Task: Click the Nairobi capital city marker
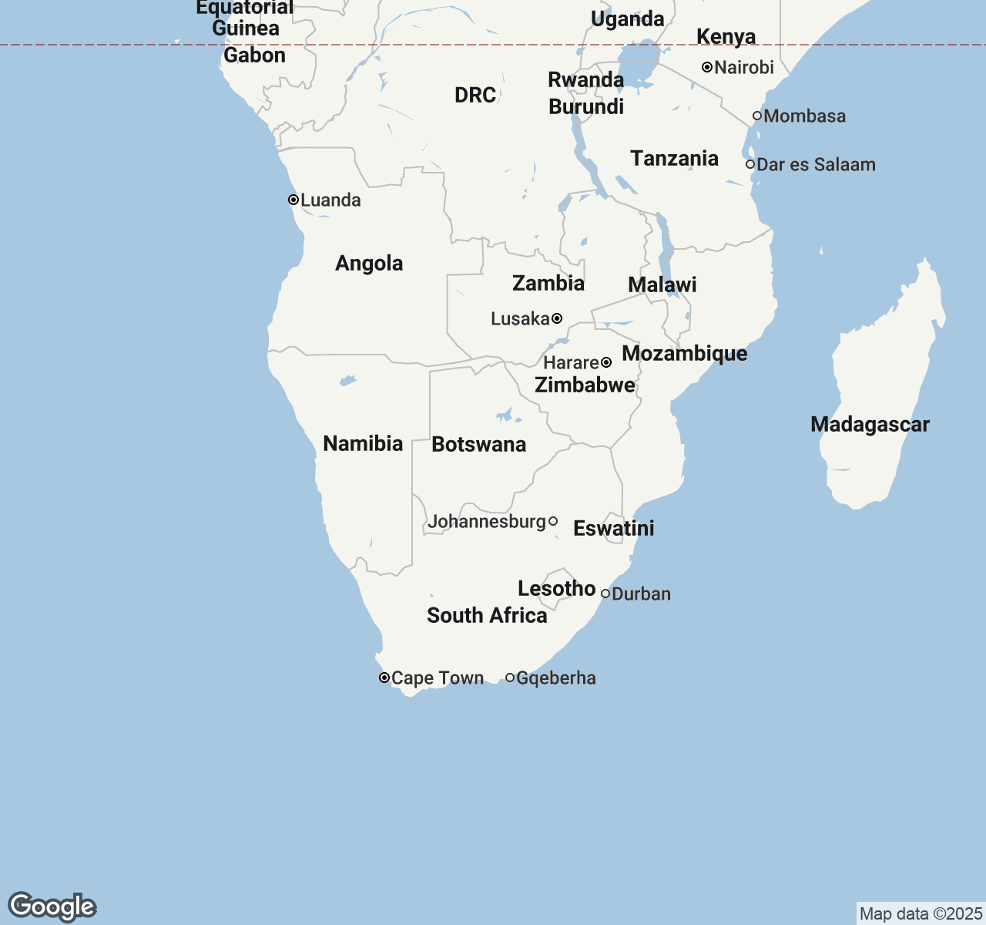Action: pos(707,67)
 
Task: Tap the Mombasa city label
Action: pos(804,116)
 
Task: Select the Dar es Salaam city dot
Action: pos(750,164)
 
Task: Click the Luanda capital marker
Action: pos(293,200)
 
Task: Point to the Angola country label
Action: pos(369,264)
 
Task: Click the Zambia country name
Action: pos(548,283)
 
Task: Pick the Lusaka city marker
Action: pos(557,318)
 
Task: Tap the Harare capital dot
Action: pos(606,362)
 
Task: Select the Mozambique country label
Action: pos(684,354)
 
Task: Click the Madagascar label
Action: pos(870,425)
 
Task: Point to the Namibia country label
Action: pos(363,444)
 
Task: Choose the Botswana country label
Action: pos(478,445)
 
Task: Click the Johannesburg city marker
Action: pos(553,522)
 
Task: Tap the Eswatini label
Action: pos(613,529)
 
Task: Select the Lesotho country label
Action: pos(556,589)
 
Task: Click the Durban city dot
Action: pos(605,594)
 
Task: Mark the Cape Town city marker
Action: pos(384,678)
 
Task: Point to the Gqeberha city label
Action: pos(555,678)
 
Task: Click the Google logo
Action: pos(52,906)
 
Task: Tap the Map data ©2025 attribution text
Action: pos(920,914)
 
